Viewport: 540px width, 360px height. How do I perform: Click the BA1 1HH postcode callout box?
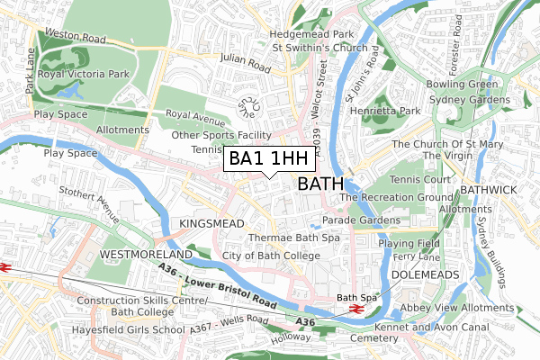(x=269, y=158)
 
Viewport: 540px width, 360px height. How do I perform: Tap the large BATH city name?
(x=319, y=184)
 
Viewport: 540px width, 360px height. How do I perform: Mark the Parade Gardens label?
(x=361, y=220)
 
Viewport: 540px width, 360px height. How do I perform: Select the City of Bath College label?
(x=271, y=256)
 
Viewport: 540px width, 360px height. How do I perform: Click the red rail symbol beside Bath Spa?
(x=355, y=309)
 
